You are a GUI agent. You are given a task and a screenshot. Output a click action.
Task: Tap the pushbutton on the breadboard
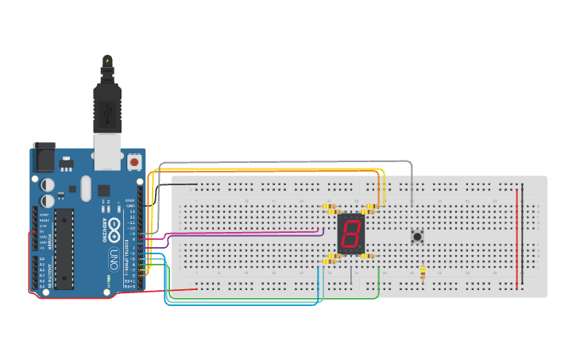416,235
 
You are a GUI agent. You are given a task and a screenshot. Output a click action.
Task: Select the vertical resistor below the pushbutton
422,273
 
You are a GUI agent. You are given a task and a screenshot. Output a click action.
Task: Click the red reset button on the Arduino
134,163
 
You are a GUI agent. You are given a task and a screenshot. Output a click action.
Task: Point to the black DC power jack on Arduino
44,158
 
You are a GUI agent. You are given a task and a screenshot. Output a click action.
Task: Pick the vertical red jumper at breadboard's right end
518,238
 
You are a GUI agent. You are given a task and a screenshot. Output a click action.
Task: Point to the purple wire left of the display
238,231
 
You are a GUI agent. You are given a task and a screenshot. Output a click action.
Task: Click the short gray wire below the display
351,275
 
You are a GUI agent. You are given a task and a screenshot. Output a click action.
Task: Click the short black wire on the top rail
184,185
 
